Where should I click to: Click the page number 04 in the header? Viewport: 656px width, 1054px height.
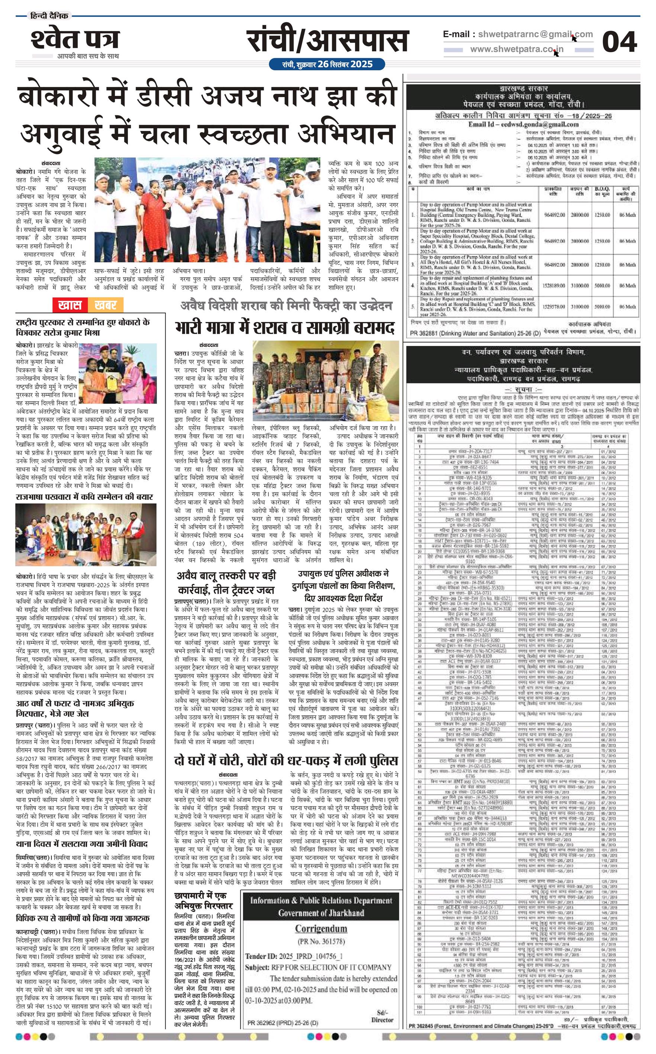tap(619, 42)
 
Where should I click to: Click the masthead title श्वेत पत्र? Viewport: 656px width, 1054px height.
tap(75, 39)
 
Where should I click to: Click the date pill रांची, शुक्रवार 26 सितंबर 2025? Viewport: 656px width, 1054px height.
tap(327, 64)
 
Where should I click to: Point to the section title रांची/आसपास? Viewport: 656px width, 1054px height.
tap(328, 41)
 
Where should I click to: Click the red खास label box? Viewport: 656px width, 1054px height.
tap(70, 305)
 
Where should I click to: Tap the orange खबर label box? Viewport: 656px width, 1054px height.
tap(106, 305)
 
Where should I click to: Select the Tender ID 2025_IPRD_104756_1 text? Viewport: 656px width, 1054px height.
tap(294, 956)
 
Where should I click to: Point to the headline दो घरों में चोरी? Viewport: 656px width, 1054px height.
tap(286, 761)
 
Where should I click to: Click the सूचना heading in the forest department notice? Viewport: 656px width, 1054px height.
tap(523, 389)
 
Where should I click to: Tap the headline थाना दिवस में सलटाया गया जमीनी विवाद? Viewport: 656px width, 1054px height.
tap(81, 844)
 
